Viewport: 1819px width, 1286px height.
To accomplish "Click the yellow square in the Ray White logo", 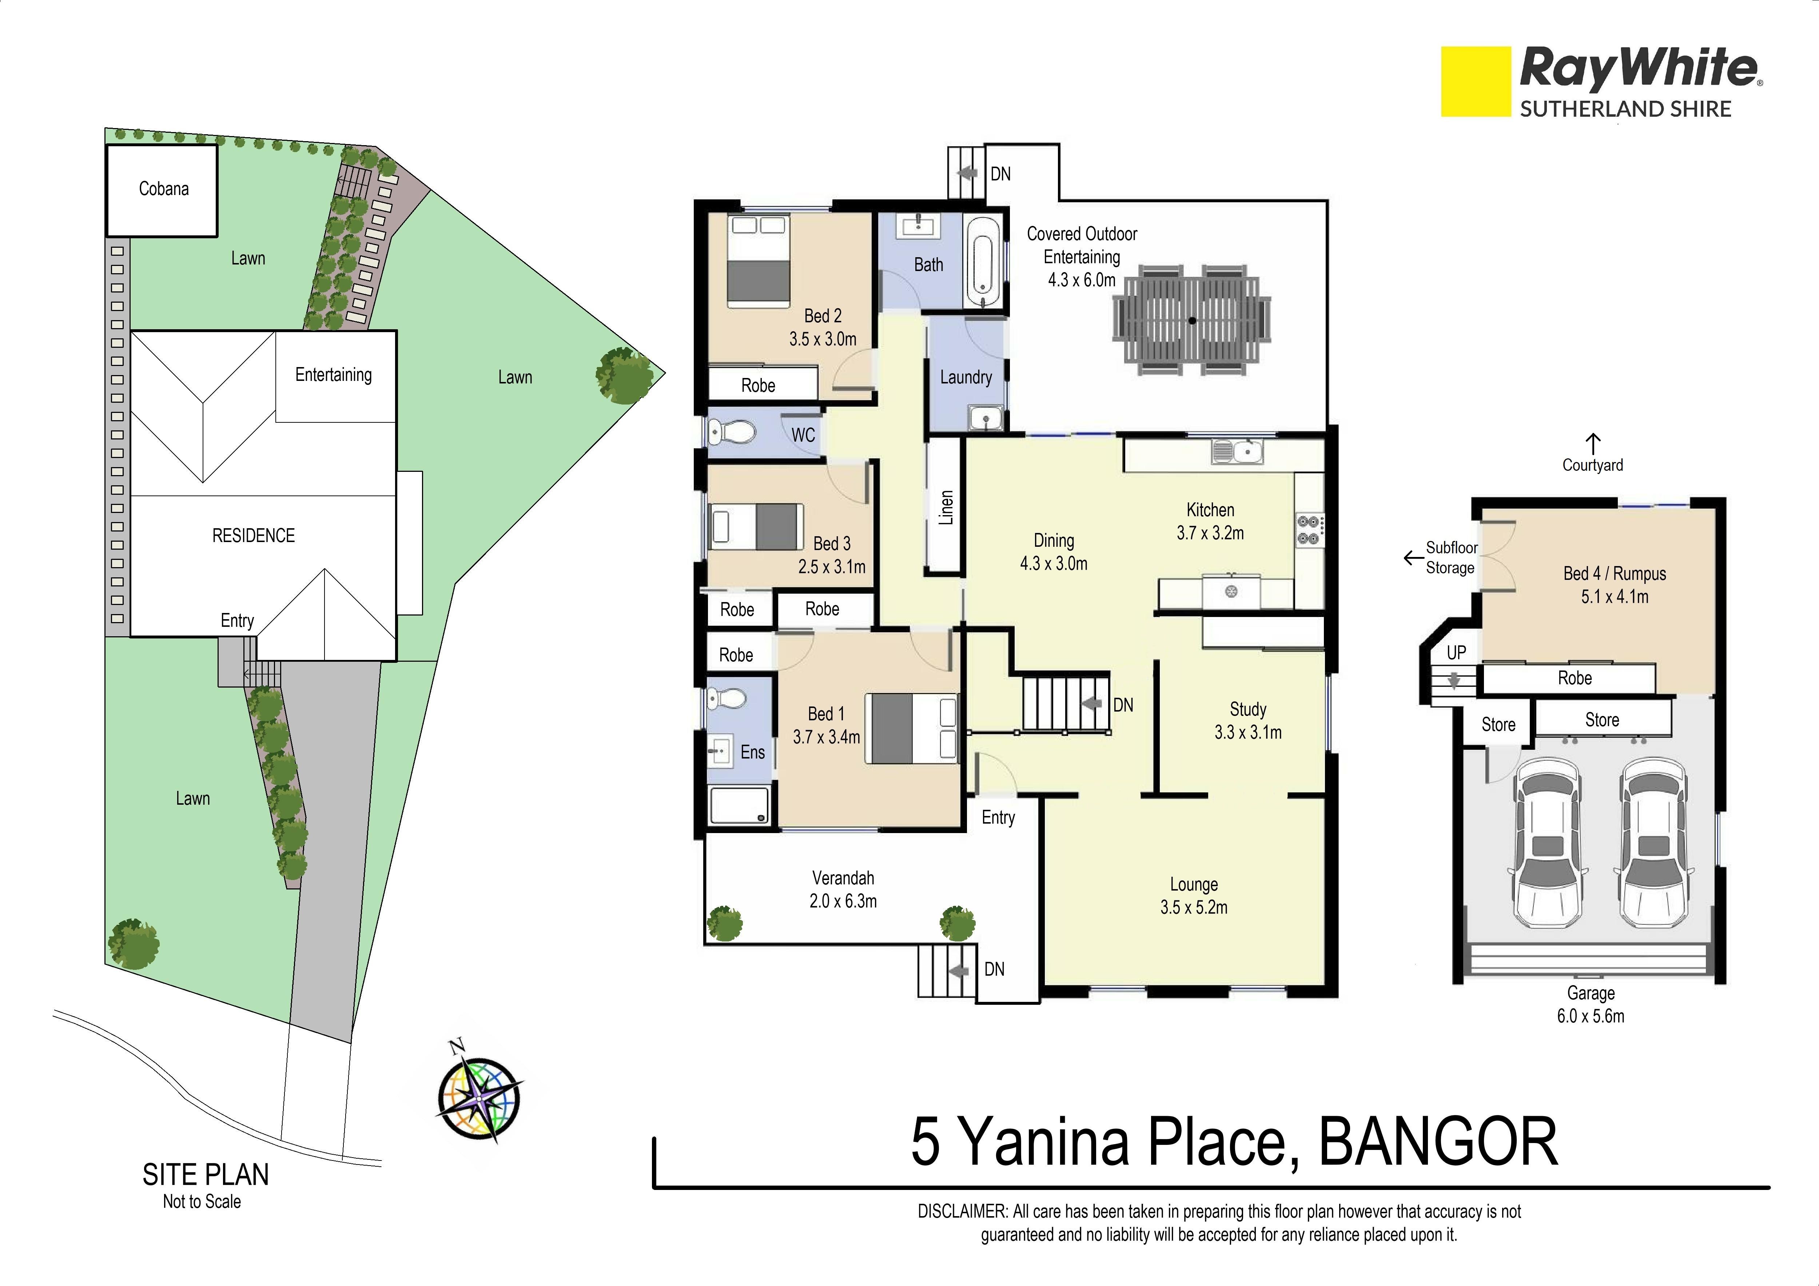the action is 1475,81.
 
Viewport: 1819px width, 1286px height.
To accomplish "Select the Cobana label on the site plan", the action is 164,188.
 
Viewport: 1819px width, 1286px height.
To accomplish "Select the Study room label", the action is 1248,709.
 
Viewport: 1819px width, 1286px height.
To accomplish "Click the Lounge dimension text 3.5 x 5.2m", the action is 1194,907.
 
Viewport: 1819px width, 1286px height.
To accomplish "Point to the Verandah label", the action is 843,878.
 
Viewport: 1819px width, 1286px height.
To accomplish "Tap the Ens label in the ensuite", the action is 753,752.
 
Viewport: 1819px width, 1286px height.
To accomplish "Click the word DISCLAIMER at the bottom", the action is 962,1211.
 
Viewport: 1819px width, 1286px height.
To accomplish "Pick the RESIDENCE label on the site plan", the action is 254,535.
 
